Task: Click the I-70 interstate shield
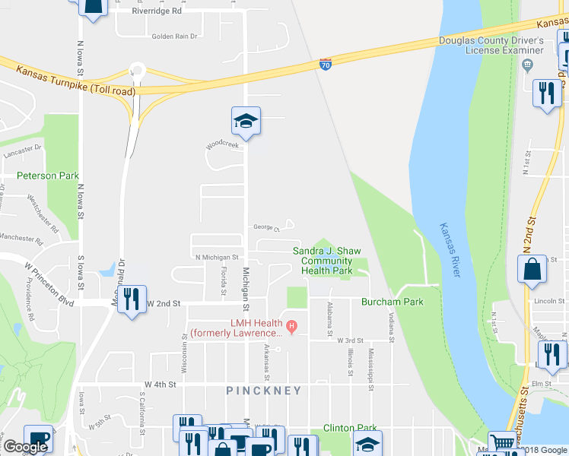325,65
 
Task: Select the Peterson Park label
48,176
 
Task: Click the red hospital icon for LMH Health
291,328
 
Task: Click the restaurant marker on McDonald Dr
134,299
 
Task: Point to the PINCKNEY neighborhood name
263,391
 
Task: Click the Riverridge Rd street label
156,11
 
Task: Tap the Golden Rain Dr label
174,36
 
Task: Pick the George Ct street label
267,227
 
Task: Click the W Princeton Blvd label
49,281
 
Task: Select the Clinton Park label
350,428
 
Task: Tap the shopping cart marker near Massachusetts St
502,443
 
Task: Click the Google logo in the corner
25,447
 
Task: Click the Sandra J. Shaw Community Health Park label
326,261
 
